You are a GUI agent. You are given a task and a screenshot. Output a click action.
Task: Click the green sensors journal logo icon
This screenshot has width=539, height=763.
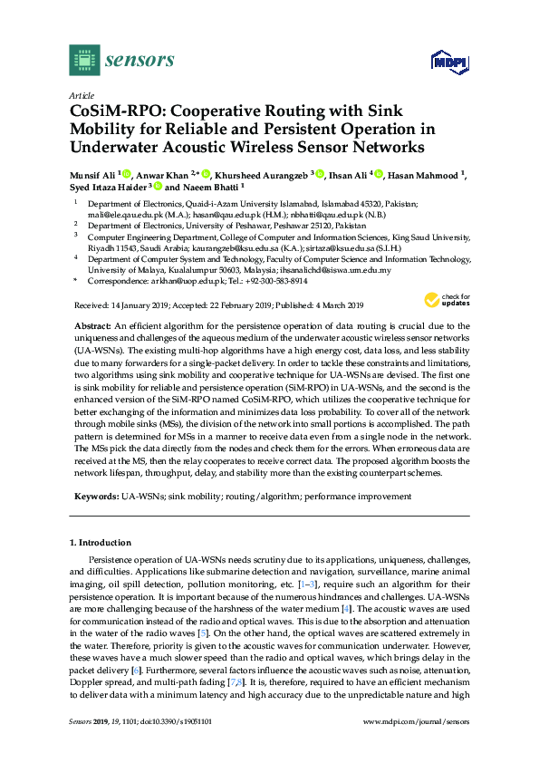click(x=84, y=60)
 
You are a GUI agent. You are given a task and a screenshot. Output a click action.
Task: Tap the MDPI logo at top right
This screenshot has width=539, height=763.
click(x=445, y=63)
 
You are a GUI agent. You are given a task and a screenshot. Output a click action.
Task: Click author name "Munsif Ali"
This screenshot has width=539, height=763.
click(x=93, y=175)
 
